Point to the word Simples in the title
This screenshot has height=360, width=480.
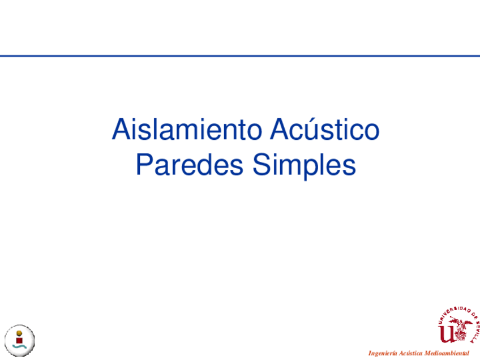(x=305, y=165)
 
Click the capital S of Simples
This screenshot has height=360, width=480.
(x=262, y=165)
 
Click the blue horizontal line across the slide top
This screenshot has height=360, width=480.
(x=240, y=56)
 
